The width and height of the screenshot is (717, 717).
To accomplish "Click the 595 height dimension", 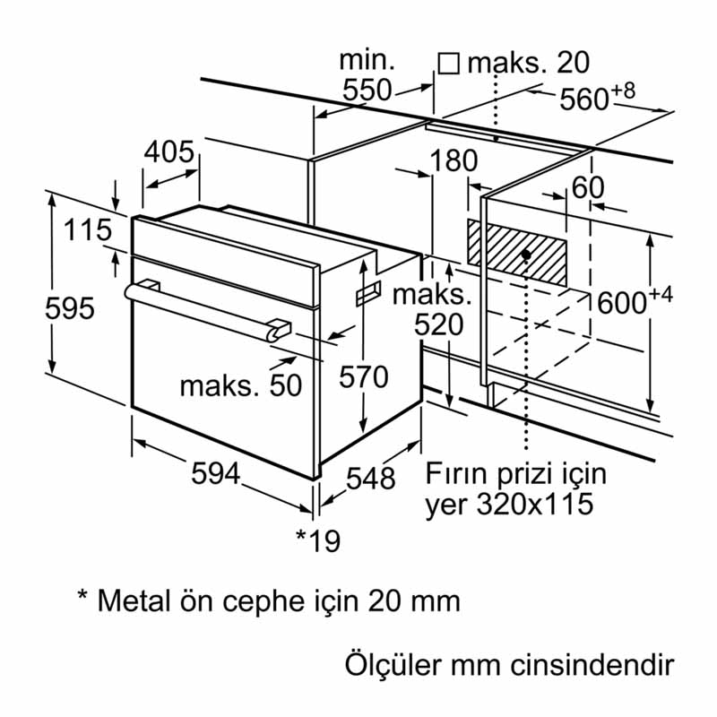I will [70, 308].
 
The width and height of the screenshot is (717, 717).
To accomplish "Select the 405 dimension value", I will [169, 153].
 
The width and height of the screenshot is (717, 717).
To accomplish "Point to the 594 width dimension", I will [215, 476].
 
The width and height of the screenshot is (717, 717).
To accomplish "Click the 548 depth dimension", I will [370, 479].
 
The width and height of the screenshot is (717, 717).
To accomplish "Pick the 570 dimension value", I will [364, 377].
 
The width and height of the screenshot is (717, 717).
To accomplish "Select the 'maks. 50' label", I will [239, 385].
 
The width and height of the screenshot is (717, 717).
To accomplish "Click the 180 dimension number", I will [454, 161].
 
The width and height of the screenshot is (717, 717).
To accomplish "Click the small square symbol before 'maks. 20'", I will [448, 63].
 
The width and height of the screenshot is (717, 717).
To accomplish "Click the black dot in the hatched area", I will [525, 255].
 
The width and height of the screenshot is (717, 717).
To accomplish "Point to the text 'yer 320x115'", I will [509, 504].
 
